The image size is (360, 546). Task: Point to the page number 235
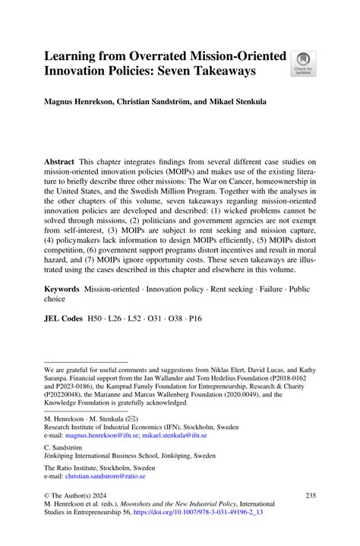(x=309, y=496)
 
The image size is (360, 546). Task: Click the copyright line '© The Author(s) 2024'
(x=79, y=496)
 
